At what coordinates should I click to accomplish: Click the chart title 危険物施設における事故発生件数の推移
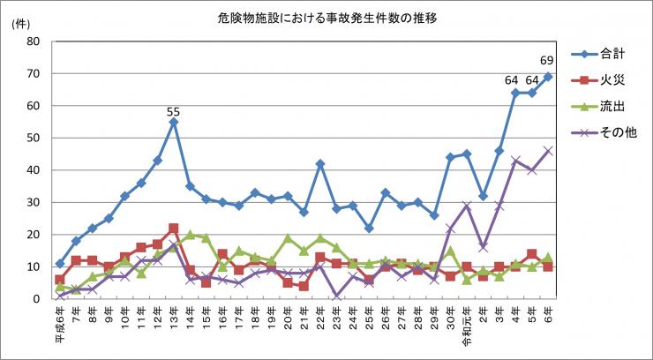coord(326,18)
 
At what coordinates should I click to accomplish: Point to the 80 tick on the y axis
coord(34,41)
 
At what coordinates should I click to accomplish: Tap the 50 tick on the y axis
coord(34,138)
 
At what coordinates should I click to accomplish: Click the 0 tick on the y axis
coord(37,299)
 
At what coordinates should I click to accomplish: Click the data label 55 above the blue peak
coord(173,112)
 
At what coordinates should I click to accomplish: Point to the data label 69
coord(547,61)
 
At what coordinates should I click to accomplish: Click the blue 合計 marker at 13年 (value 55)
coord(173,122)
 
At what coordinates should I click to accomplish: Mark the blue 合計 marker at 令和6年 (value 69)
coord(547,77)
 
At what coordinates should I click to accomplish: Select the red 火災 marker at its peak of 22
coord(173,229)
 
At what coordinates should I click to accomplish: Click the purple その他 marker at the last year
coord(547,151)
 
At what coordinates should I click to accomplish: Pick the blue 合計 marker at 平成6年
coord(59,264)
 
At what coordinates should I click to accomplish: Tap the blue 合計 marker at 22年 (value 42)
coord(319,163)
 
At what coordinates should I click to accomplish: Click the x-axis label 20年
coord(288,315)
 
